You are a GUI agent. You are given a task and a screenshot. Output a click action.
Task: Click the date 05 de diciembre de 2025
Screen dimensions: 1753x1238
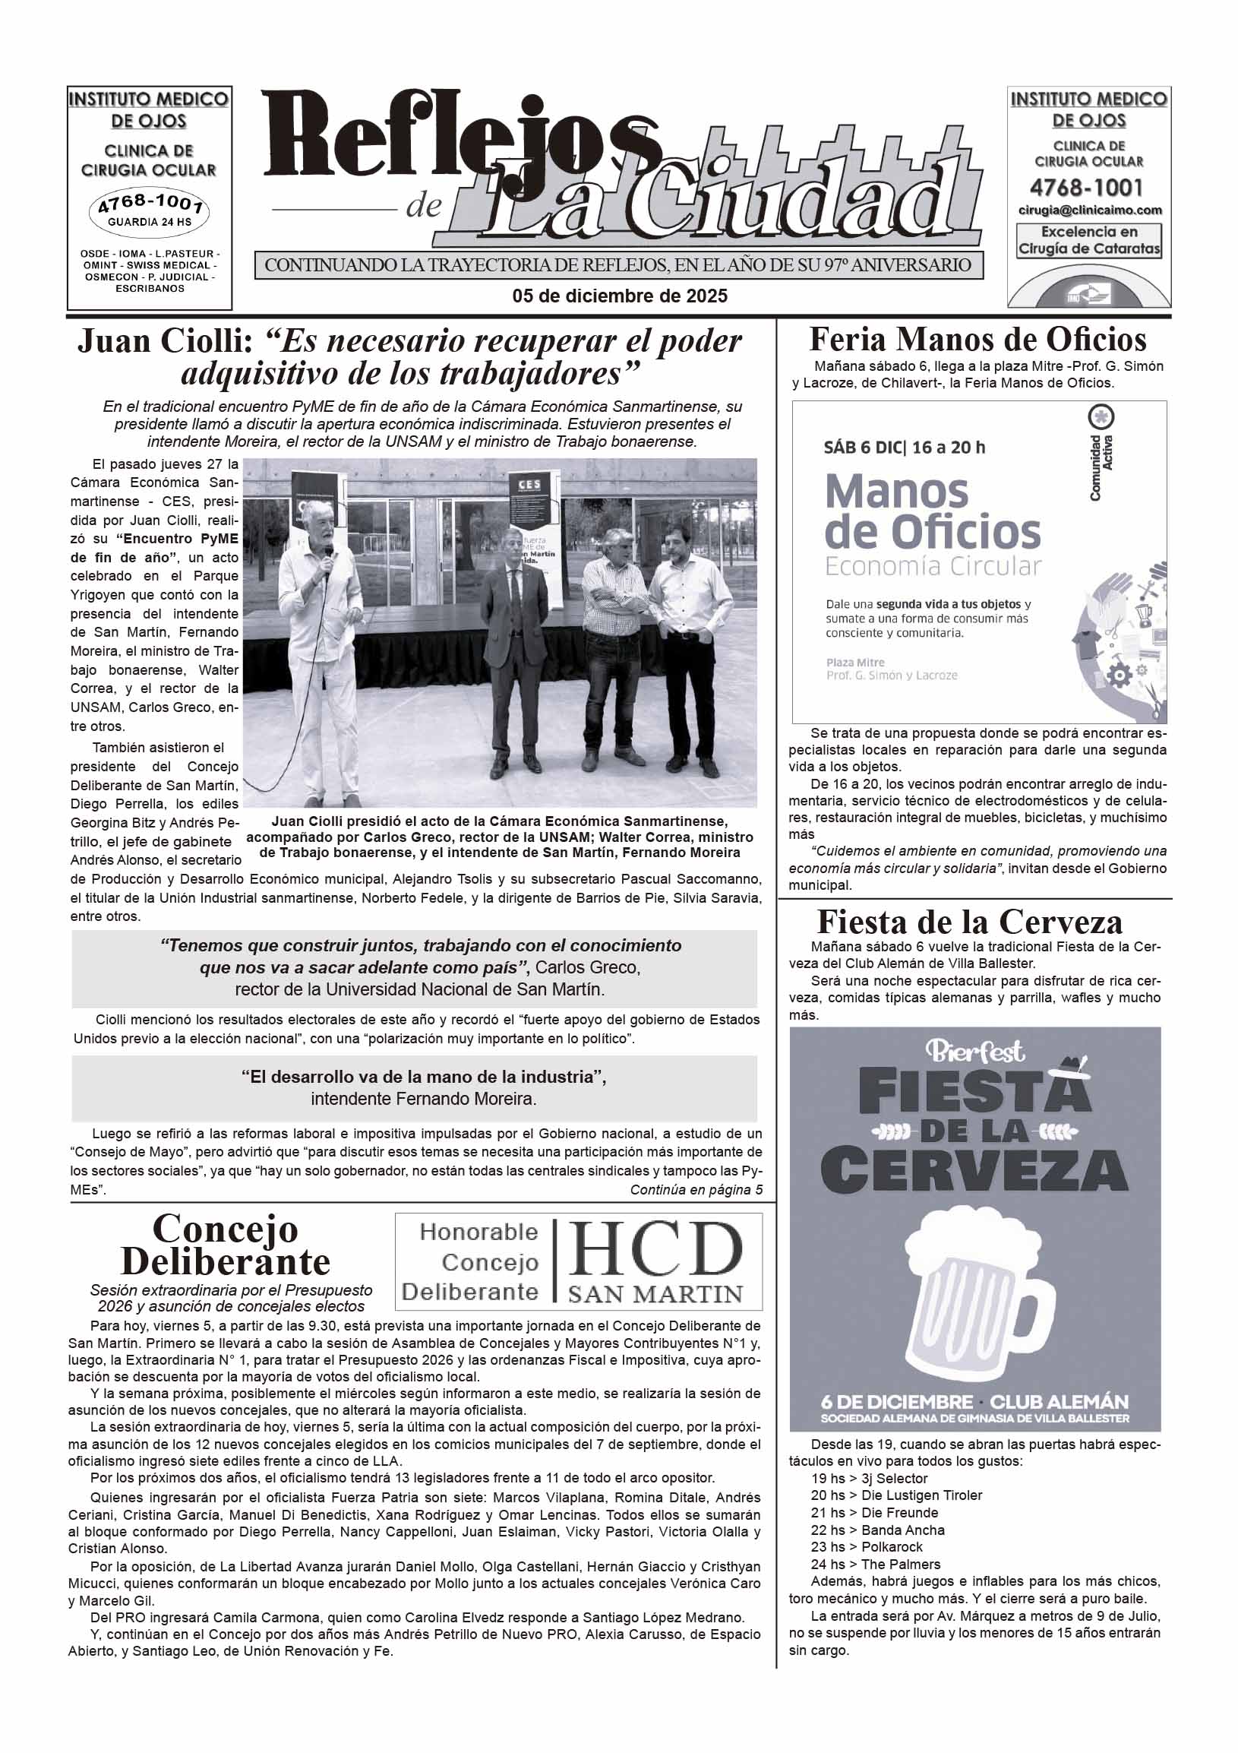click(x=619, y=296)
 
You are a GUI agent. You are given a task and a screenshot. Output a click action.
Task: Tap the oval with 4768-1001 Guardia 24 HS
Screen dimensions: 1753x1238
click(x=150, y=211)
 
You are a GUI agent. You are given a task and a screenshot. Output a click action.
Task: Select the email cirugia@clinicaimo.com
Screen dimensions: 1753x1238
click(x=1089, y=210)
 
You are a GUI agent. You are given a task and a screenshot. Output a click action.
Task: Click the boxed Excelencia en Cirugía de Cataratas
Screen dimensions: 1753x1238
click(x=1089, y=241)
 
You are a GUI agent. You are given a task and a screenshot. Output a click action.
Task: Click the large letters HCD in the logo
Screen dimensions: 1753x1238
click(x=655, y=1249)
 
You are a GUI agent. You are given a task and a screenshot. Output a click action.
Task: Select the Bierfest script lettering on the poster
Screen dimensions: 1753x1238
click(x=974, y=1052)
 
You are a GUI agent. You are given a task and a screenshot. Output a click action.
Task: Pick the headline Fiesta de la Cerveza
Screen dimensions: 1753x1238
click(x=969, y=922)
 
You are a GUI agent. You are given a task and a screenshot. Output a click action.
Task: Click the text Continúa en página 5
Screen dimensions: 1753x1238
click(x=695, y=1189)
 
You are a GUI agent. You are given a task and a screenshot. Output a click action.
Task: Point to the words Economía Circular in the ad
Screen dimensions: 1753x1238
click(x=933, y=567)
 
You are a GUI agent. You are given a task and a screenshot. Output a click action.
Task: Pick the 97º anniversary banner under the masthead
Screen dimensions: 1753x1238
click(x=618, y=266)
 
